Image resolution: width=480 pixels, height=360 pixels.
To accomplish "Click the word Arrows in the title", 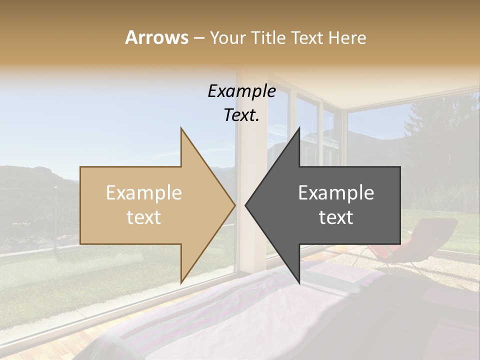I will [156, 37].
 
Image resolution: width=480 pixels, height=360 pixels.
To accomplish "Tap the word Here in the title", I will [348, 38].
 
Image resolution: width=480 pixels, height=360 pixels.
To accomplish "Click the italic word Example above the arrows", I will [241, 91].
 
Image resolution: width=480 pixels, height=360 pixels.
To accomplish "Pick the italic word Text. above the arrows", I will [241, 115].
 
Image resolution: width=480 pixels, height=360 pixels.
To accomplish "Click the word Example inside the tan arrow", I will [143, 193].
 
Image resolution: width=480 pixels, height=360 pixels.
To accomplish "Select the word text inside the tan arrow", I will [143, 217].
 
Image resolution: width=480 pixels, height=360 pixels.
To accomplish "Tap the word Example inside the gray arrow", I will [336, 193].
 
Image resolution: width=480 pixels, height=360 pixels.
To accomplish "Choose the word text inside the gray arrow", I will [336, 217].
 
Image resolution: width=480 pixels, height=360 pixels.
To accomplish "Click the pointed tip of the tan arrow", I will [234, 205].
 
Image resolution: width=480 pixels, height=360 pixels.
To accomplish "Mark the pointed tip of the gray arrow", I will [246, 205].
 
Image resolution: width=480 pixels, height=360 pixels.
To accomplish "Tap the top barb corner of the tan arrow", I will [181, 128].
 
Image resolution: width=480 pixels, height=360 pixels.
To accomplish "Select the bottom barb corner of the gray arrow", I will [299, 282].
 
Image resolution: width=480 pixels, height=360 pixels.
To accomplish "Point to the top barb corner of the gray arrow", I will [299, 128].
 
